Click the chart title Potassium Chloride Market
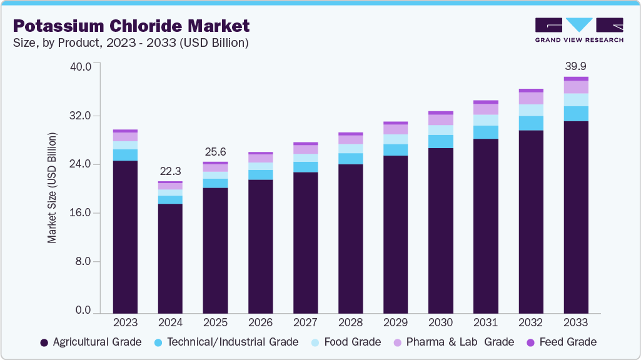pos(131,26)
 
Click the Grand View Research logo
pos(578,29)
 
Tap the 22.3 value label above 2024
pos(170,171)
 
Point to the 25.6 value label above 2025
pos(215,152)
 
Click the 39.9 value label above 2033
pos(575,66)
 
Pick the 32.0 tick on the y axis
pos(79,116)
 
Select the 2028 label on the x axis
pos(350,322)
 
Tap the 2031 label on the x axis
pos(485,322)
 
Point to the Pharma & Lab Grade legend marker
pos(397,342)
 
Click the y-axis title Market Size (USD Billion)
pos(53,188)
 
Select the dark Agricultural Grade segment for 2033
pos(575,216)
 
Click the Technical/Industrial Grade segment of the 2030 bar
pos(440,141)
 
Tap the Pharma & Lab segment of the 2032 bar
pos(531,98)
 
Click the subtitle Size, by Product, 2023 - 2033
pos(131,42)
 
